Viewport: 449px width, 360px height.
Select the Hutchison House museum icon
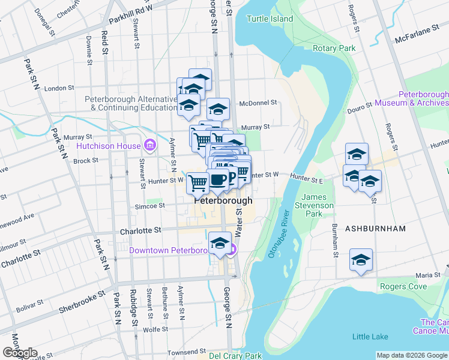pos(149,145)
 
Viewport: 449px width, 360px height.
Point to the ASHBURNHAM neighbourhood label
pos(376,229)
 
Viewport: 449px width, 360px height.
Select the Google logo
pos(19,353)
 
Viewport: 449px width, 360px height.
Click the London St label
pos(59,88)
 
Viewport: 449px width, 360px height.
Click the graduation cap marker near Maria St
pos(361,260)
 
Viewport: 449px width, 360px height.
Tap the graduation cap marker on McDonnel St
pos(218,109)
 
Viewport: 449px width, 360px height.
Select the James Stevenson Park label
pos(318,205)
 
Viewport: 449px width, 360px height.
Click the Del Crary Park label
pos(236,356)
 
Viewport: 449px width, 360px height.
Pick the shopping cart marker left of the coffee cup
pos(198,183)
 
